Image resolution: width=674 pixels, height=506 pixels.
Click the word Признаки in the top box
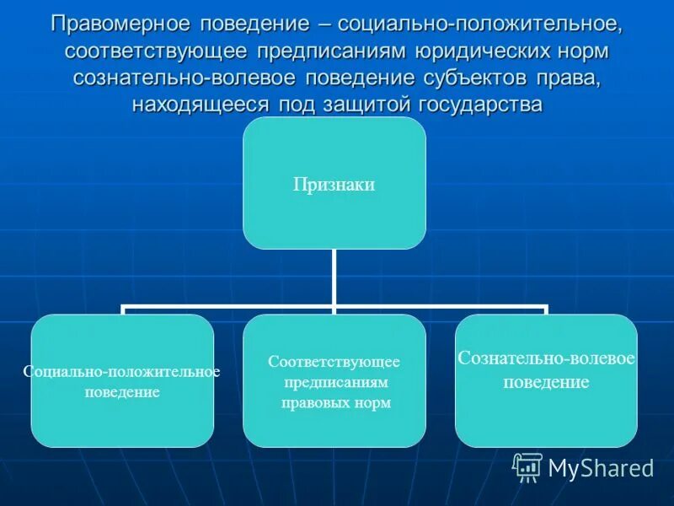(334, 185)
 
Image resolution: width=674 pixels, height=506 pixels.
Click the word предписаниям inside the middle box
(334, 382)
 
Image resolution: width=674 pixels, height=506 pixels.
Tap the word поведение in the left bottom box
(122, 392)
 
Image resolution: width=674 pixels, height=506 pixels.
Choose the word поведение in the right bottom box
(546, 382)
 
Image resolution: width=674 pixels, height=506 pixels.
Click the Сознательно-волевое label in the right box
(546, 358)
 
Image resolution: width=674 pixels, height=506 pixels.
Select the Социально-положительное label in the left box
(122, 372)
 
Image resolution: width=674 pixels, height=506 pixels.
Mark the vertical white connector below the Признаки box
(334, 278)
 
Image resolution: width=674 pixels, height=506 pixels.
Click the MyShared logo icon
(527, 466)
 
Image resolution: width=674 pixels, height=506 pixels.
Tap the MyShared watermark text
(601, 468)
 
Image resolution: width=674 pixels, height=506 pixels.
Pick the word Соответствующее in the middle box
(334, 361)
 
